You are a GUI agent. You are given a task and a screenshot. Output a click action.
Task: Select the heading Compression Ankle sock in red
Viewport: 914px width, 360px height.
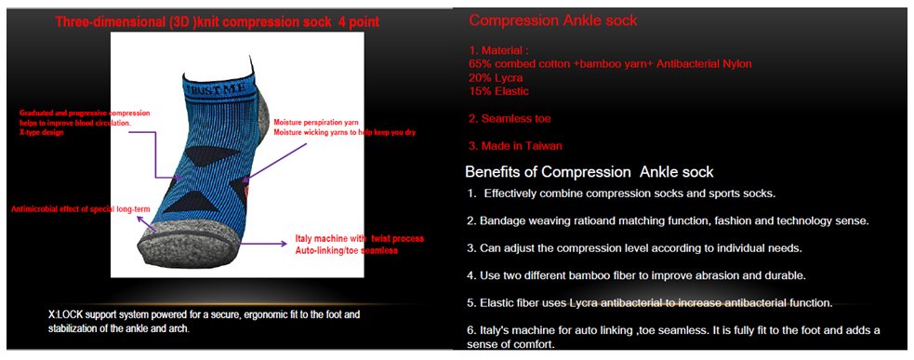(553, 20)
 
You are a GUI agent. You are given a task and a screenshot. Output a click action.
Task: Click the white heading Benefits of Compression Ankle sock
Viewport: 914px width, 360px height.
(589, 172)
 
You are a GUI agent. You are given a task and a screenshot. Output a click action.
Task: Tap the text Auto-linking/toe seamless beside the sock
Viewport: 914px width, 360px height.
(346, 251)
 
